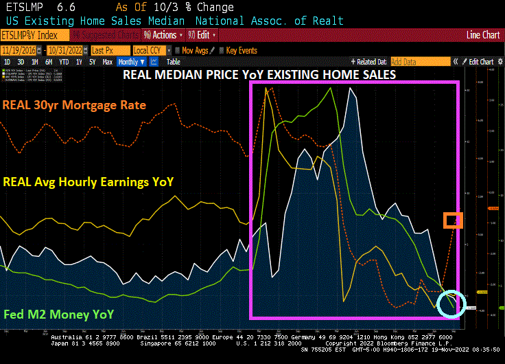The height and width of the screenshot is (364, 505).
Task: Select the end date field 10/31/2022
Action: (x=64, y=50)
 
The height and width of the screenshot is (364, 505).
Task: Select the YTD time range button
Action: (x=64, y=62)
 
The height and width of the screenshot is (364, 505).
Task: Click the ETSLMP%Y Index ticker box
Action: (x=34, y=34)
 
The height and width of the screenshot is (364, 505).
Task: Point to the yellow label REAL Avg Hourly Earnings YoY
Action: (x=89, y=182)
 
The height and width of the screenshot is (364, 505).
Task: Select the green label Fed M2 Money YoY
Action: (x=57, y=315)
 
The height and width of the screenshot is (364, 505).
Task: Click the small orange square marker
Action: (x=453, y=220)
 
